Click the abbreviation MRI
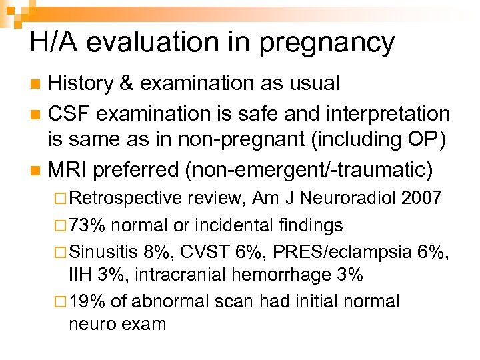point(68,169)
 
